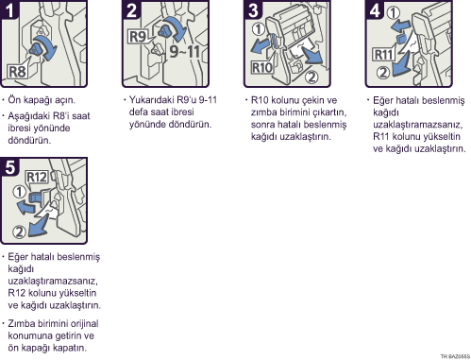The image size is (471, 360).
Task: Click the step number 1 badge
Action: tap(8, 9)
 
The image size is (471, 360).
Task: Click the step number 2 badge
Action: tap(130, 9)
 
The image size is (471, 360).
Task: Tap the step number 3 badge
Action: tap(252, 9)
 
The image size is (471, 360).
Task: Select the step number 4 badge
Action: tap(374, 9)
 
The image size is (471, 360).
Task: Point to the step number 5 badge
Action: tap(9, 166)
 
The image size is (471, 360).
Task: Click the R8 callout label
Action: tap(18, 72)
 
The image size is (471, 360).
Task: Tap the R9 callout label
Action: tap(138, 37)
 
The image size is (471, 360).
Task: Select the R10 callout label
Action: tap(261, 68)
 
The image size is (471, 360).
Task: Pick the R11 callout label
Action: tap(383, 55)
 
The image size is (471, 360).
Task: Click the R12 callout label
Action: tap(37, 177)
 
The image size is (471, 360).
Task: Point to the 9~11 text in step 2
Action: tap(185, 51)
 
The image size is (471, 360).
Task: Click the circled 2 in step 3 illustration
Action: tap(311, 77)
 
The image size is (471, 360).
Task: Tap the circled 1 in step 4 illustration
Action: tap(394, 13)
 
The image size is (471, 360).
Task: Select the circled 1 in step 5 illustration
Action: tap(19, 192)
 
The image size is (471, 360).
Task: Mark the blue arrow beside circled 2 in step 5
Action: tap(40, 225)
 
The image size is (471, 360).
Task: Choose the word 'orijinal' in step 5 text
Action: tap(84, 324)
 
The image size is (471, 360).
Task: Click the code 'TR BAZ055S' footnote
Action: tap(455, 356)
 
